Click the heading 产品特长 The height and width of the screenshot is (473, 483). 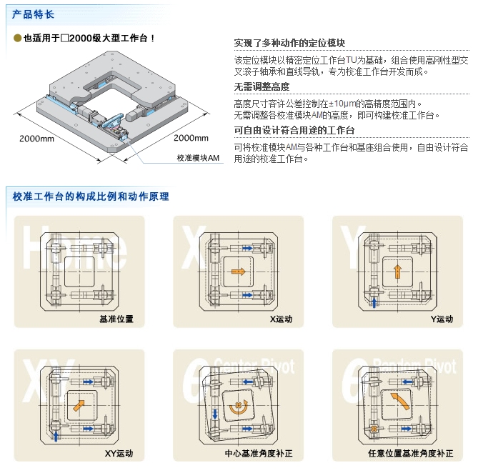click(x=33, y=14)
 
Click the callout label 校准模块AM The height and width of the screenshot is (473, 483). click(x=198, y=157)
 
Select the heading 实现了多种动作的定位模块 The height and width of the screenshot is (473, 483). click(x=289, y=43)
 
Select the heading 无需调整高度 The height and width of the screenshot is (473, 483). click(x=262, y=86)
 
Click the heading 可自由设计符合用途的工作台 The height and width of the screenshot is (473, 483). click(x=294, y=130)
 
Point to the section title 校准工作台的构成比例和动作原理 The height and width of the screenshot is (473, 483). click(x=91, y=195)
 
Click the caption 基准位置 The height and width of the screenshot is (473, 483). click(x=116, y=319)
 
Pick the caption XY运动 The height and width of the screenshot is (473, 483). click(x=119, y=454)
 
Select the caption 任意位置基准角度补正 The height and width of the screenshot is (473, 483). click(x=410, y=454)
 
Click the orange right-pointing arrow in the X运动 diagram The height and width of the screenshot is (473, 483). click(x=238, y=272)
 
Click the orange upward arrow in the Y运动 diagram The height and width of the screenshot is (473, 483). click(x=398, y=271)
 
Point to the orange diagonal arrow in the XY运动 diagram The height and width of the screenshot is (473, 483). click(x=79, y=407)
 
